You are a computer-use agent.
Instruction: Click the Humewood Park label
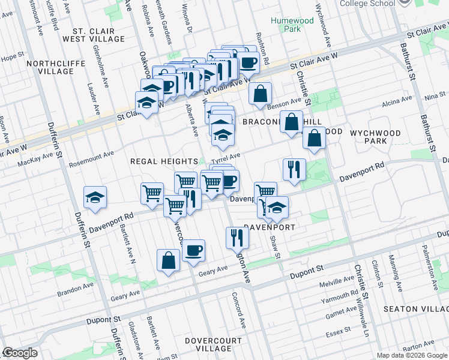tap(285, 24)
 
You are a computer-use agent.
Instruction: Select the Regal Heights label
tap(164, 162)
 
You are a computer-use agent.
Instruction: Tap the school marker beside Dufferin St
tap(95, 199)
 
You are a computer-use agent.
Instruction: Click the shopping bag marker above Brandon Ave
tap(169, 260)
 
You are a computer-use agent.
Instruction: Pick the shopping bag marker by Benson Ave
tap(260, 94)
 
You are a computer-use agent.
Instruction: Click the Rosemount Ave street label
tap(91, 154)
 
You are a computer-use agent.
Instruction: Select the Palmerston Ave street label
tap(427, 259)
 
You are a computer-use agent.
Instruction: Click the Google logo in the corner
tap(20, 353)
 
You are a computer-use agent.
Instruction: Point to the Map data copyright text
tap(412, 355)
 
